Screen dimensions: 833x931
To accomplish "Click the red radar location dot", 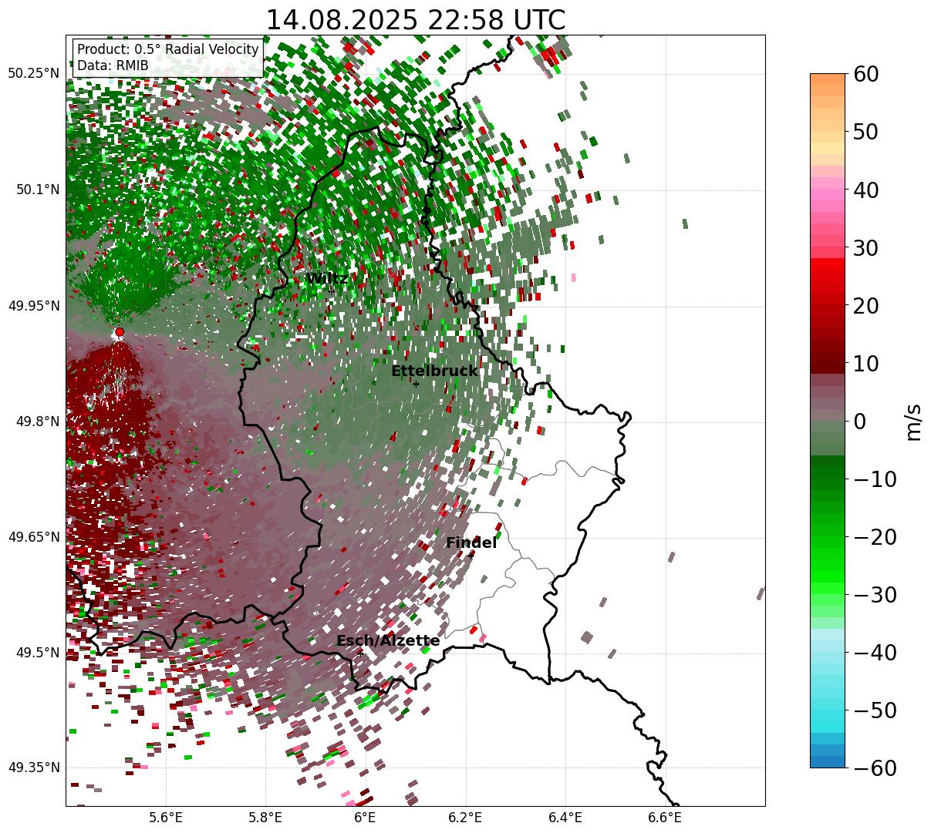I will point(119,332).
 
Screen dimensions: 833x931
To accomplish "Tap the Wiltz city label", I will point(326,279).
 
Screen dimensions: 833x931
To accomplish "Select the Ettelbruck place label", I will point(434,371).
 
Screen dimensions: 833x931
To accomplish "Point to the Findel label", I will point(471,543).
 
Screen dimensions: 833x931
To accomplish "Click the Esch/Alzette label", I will point(388,641).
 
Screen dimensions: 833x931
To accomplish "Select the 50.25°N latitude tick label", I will point(34,74).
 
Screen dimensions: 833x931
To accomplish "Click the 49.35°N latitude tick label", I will point(34,768).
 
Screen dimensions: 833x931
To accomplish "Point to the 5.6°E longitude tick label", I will point(166,818).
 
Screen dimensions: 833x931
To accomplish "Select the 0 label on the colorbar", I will point(859,422).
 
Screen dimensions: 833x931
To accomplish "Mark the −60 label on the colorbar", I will point(875,768).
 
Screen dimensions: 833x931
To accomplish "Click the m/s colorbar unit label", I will point(914,421).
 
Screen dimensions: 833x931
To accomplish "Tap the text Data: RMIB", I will point(113,66).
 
